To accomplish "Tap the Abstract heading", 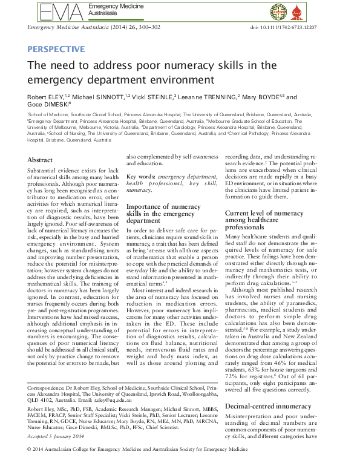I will [x=40, y=160].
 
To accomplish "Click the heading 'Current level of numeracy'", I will [x=264, y=213].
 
